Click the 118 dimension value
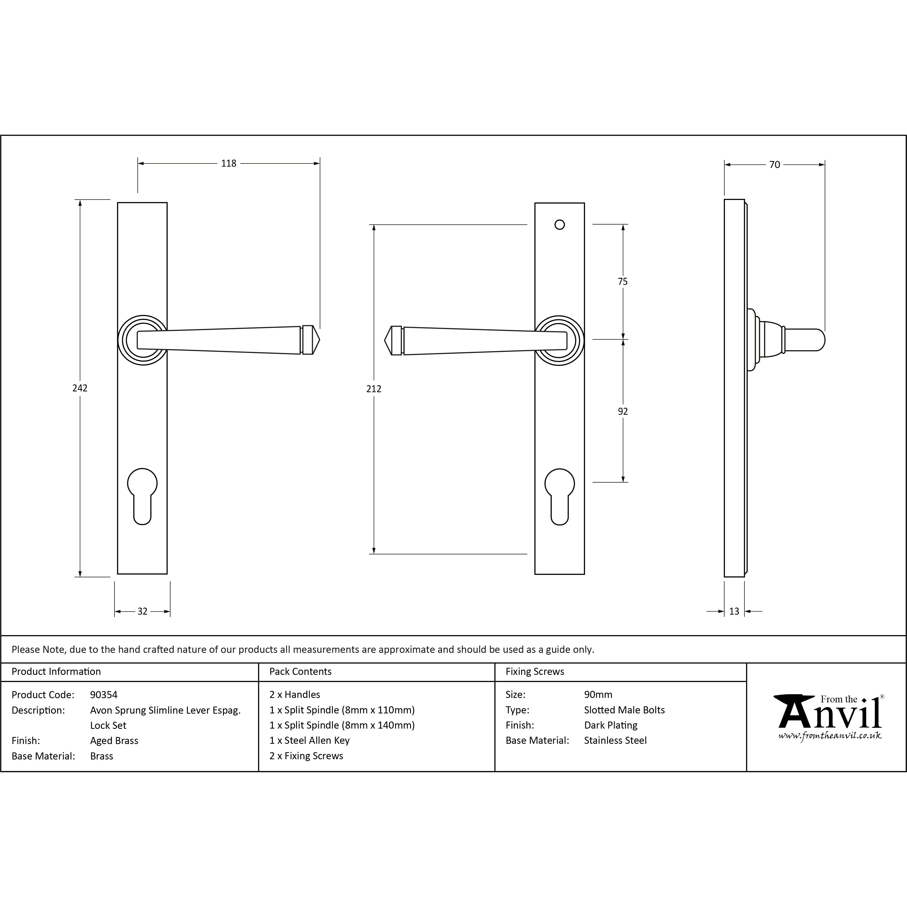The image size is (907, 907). click(x=229, y=163)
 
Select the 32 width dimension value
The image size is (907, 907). click(x=142, y=611)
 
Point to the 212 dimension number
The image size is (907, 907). click(x=374, y=389)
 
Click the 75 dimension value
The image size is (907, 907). click(x=622, y=282)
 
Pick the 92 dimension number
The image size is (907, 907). click(x=622, y=411)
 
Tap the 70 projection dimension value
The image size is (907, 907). click(x=775, y=165)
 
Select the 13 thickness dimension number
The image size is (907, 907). click(x=734, y=611)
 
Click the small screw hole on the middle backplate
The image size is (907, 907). click(x=560, y=225)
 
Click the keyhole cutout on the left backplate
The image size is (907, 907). click(x=142, y=496)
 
